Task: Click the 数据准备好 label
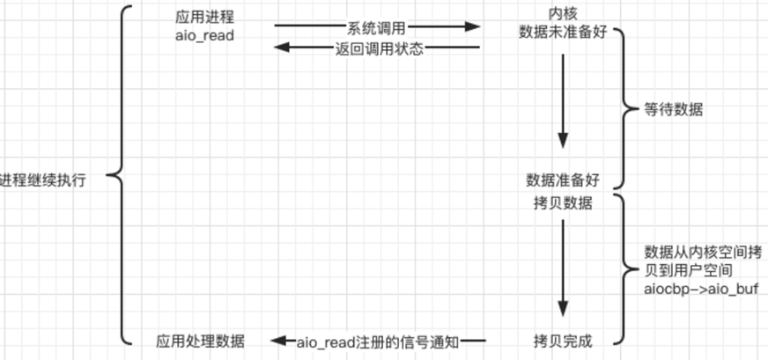point(562,180)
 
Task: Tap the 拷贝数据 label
point(562,204)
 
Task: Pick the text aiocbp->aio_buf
point(701,289)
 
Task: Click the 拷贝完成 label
point(562,340)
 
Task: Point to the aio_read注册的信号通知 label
point(377,340)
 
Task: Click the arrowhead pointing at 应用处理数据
point(275,340)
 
